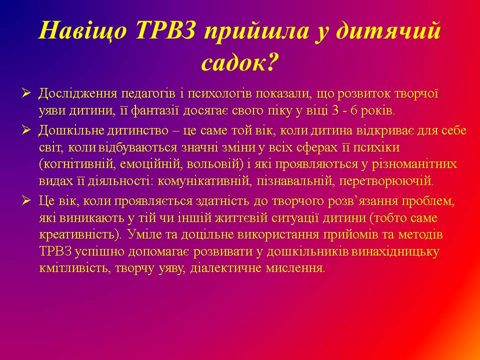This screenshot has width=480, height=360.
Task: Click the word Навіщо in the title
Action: click(82, 31)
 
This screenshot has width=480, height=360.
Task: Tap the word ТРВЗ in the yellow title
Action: click(165, 30)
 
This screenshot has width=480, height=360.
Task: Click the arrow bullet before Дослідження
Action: click(26, 93)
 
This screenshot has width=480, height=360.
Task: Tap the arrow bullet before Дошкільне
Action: click(26, 130)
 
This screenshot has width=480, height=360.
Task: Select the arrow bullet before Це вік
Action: click(26, 200)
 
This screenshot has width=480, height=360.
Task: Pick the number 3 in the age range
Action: click(335, 110)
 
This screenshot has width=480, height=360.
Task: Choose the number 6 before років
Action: click(354, 110)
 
